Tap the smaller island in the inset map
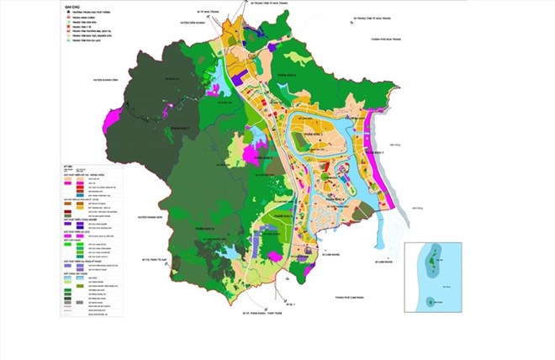point(431,300)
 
